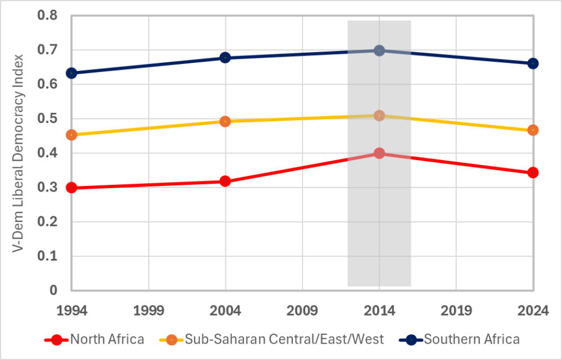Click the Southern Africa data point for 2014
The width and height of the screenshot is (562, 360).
(379, 51)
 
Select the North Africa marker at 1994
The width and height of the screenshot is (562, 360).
(71, 188)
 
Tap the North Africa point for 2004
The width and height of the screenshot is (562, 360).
(225, 181)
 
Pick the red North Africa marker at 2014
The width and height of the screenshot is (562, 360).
(379, 153)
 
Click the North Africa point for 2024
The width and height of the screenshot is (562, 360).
(533, 172)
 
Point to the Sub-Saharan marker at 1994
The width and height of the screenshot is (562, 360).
(71, 135)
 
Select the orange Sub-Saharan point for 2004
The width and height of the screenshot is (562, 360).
(225, 121)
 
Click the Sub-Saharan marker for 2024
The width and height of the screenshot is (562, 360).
(533, 130)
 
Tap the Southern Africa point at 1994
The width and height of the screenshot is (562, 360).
(71, 73)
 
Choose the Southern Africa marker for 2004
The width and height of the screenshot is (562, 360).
(225, 57)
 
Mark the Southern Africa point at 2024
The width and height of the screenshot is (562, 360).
(533, 63)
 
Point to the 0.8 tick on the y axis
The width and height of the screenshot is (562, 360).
(48, 16)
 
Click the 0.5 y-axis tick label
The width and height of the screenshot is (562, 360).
(48, 119)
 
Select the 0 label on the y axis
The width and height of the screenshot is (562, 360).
(54, 290)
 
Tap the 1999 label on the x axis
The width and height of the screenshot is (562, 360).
(148, 310)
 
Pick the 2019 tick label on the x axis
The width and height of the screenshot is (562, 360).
(456, 310)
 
